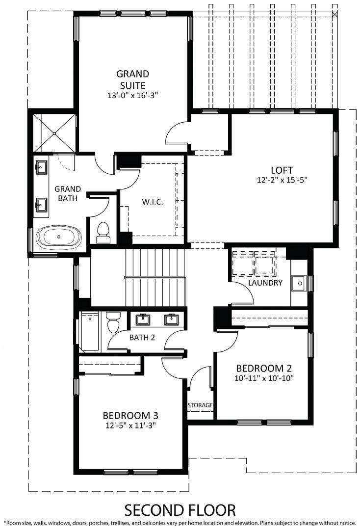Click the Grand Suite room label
pos(132,79)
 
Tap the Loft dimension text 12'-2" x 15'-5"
pos(284,180)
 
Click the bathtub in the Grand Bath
pos(59,237)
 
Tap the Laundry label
pos(265,283)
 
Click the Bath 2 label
pos(142,338)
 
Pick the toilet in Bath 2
pos(113,324)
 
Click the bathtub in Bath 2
pos(90,331)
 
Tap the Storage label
pos(200,405)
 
